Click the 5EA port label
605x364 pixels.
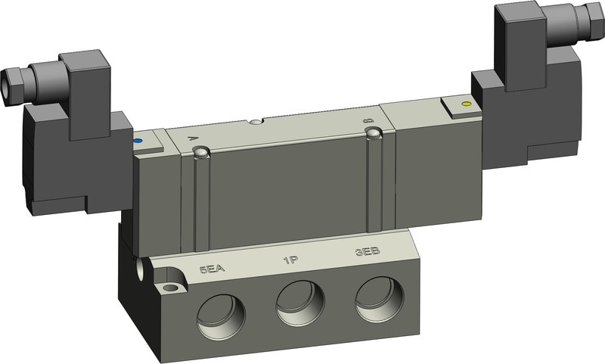213,269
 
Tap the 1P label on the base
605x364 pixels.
290,260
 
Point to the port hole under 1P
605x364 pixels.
299,302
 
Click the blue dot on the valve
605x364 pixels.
137,141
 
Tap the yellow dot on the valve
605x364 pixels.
465,103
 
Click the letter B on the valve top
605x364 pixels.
368,120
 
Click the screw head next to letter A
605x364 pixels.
201,154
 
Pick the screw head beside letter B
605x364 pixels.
372,134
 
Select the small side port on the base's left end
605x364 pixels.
141,269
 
